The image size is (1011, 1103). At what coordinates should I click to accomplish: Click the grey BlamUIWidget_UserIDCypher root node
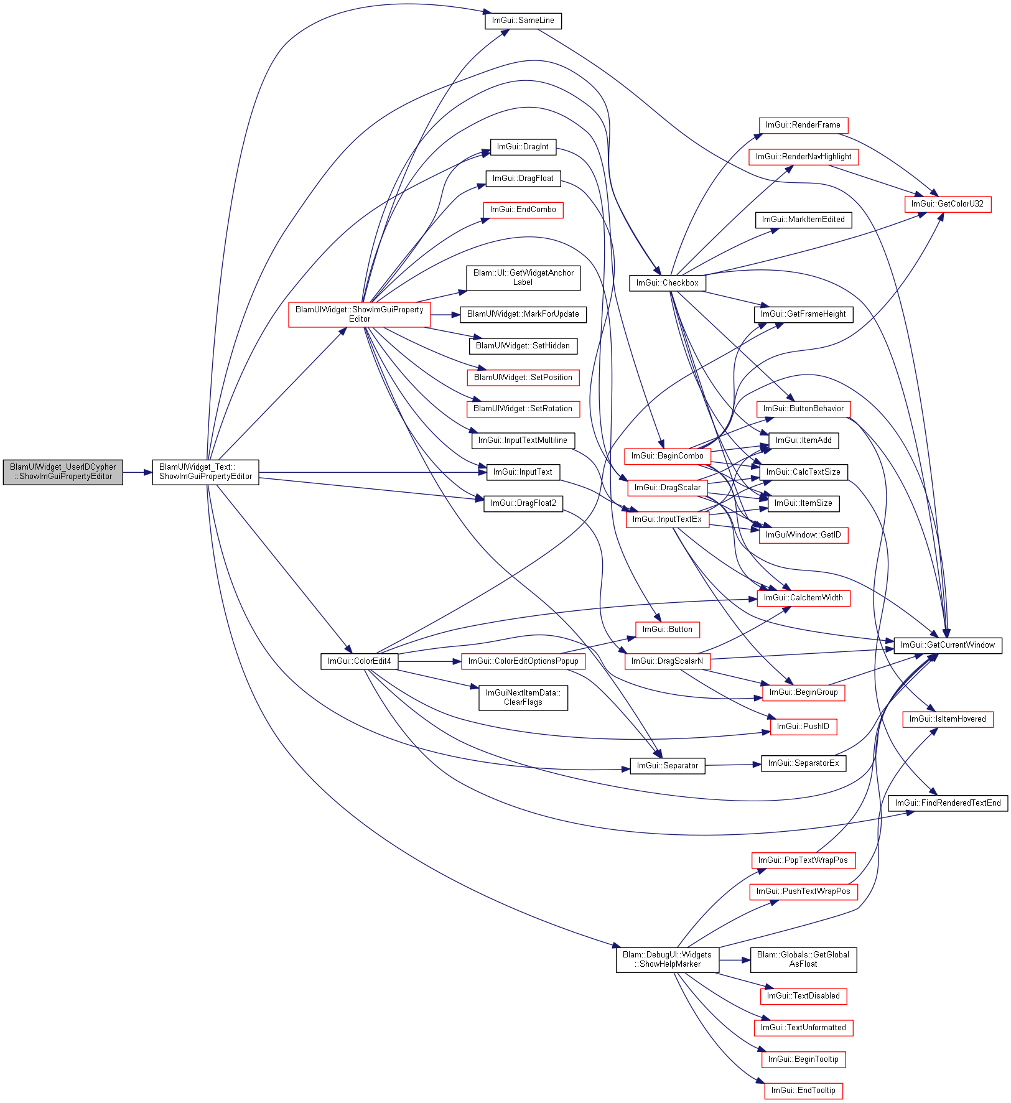coord(63,472)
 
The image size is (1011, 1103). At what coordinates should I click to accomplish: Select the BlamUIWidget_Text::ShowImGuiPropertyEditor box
coord(205,472)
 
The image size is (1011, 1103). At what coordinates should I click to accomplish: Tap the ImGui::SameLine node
coord(523,21)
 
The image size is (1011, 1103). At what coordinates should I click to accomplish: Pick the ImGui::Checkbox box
coord(668,283)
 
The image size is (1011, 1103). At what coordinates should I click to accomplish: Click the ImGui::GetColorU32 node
coord(948,204)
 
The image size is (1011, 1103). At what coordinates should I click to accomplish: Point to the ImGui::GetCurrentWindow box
coord(948,645)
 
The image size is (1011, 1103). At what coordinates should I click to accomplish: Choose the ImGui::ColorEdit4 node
coord(360,661)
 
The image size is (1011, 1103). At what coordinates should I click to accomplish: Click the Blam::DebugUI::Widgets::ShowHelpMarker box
coord(668,960)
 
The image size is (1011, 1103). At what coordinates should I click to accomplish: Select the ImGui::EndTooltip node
coord(803,1091)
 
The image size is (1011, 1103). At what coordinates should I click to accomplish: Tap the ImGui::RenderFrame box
coord(803,125)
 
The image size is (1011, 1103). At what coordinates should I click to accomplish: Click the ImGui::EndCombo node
coord(523,210)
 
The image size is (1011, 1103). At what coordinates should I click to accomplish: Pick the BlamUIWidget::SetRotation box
coord(523,409)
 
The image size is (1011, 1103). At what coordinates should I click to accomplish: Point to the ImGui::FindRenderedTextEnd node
coord(948,803)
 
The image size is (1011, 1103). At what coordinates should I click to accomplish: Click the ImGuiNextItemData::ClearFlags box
coord(523,697)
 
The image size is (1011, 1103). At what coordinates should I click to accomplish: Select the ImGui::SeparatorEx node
coord(803,763)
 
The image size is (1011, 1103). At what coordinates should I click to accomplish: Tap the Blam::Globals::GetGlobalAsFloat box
coord(803,960)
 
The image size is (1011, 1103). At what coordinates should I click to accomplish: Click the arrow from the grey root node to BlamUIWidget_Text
coord(137,473)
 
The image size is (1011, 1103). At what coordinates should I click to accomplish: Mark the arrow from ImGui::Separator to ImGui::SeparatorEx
coord(734,765)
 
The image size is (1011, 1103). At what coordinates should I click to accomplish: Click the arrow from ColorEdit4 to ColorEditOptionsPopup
coord(430,661)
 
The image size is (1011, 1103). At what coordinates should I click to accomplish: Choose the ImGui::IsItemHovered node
coord(948,719)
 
